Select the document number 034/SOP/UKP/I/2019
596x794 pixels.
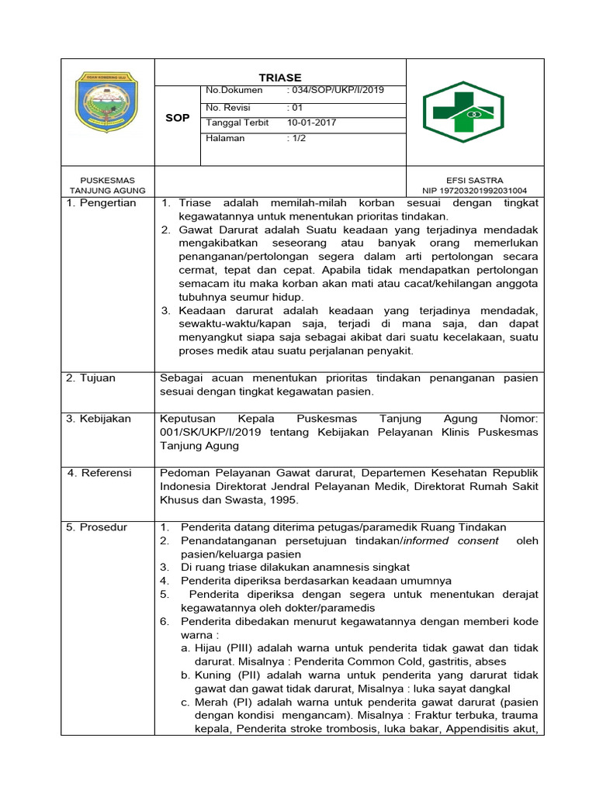click(x=335, y=91)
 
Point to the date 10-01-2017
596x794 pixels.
click(x=312, y=123)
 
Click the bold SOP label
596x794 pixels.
click(x=177, y=118)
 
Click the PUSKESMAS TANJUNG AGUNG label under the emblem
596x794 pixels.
click(x=103, y=185)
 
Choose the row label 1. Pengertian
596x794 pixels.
click(x=102, y=203)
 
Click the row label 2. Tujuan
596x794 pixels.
click(x=91, y=378)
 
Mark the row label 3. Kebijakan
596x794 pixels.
click(x=99, y=419)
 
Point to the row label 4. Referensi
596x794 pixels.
click(x=99, y=473)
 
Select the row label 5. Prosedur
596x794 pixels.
click(x=98, y=527)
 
